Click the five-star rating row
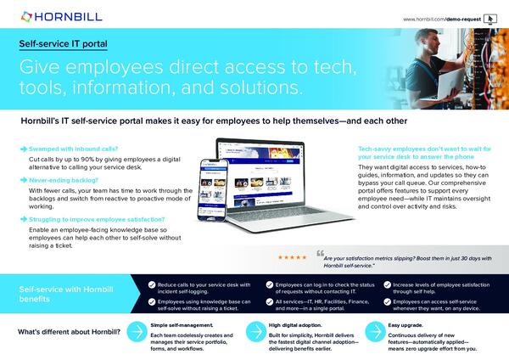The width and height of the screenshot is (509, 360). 294,256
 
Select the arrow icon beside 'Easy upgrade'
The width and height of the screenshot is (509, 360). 374,330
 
